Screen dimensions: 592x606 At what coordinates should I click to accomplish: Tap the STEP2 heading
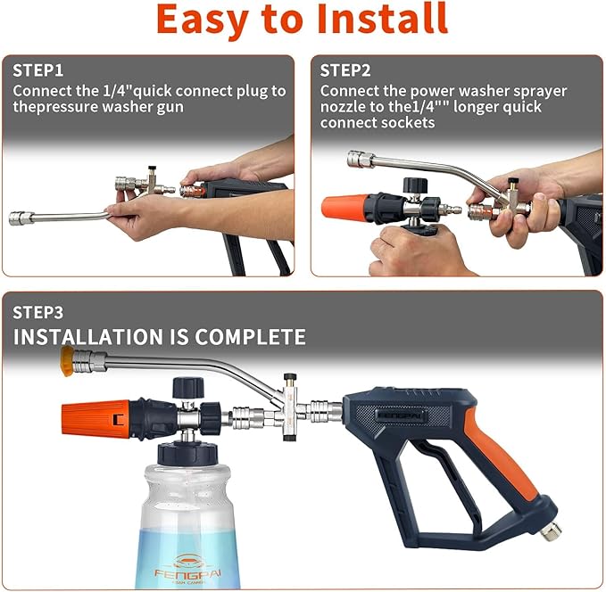point(347,70)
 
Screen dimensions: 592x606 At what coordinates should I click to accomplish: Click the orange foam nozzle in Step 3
point(94,417)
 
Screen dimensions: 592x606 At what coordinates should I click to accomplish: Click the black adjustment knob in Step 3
point(185,387)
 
